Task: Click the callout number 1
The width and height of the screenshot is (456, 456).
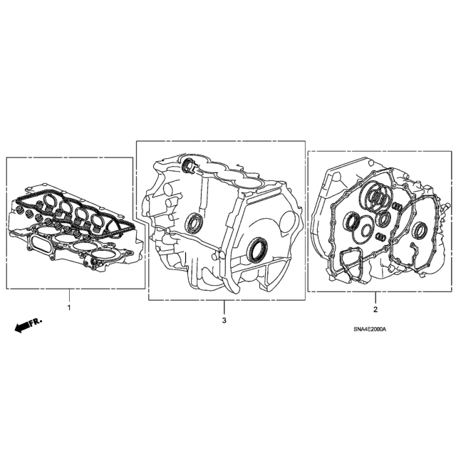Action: pos(69,307)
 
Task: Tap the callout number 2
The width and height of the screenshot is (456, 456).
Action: pos(375,310)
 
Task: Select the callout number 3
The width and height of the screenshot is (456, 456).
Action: pos(224,321)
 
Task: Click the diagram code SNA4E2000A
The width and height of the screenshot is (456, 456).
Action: pos(370,329)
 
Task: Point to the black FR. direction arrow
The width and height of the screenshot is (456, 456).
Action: pos(28,325)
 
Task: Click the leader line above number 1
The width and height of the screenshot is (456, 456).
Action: pos(69,295)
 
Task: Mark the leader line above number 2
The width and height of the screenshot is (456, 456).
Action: pos(375,298)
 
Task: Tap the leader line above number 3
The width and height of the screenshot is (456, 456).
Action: pos(224,307)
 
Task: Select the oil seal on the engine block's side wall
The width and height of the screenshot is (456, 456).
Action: pos(192,223)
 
